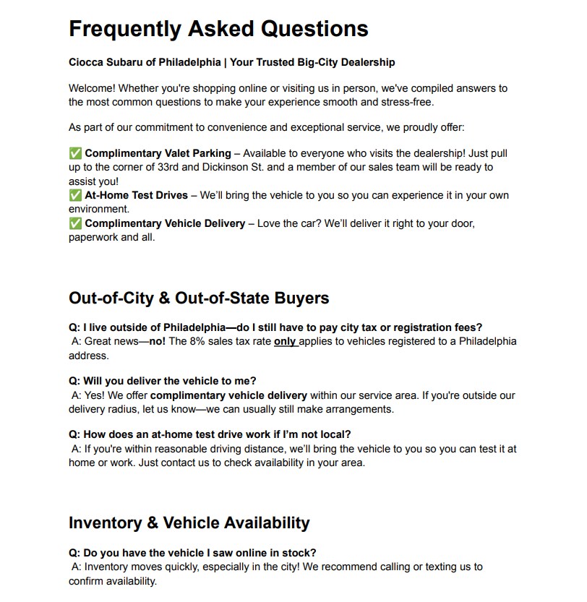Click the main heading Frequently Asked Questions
pos(218,29)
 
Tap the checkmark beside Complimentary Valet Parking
pos(75,153)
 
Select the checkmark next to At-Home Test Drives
pos(75,195)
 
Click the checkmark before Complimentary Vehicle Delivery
pos(75,223)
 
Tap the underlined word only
pos(285,341)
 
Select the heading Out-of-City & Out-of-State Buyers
pos(199,298)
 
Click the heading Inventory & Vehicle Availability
pos(189,523)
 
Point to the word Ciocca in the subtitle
pos(86,62)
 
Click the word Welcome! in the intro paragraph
pos(92,88)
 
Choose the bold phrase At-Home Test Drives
pos(136,195)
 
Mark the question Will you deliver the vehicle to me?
pos(162,380)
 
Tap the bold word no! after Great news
pos(158,341)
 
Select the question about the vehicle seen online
pos(192,553)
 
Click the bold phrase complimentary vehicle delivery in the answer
pos(228,395)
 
